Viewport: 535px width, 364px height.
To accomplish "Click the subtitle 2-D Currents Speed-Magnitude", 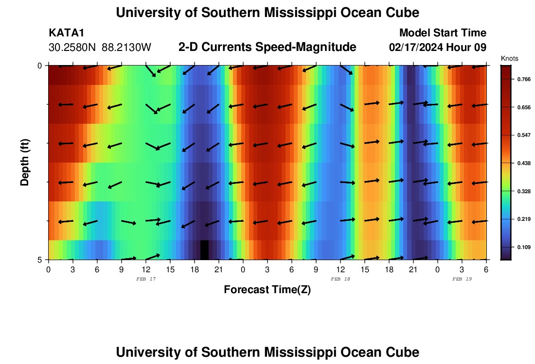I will (x=267, y=47).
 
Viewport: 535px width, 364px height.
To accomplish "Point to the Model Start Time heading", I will (x=442, y=33).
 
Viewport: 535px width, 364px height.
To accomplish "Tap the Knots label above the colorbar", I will (x=509, y=58).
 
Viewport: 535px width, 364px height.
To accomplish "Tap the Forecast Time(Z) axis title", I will (x=267, y=290).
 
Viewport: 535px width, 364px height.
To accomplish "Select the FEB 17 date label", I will (x=146, y=279).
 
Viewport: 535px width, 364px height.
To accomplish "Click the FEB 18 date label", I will (x=340, y=279).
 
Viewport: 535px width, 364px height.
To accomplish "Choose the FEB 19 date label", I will (x=462, y=279).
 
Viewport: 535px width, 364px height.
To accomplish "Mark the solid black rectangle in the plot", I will (x=204, y=249).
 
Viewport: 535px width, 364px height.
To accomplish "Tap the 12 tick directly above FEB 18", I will (x=340, y=269).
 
